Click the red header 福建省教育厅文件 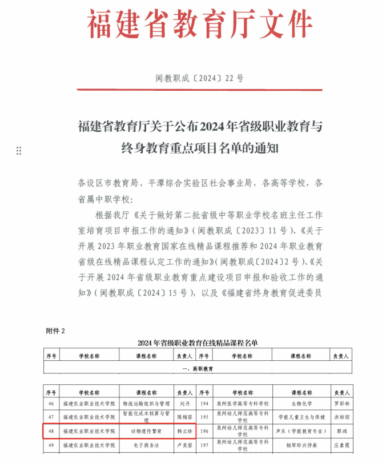(199, 25)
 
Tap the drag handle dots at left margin (19, 151)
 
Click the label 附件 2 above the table (56, 331)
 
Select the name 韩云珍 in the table (185, 430)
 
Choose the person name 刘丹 (185, 403)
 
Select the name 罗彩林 (341, 403)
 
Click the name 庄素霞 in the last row (341, 445)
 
